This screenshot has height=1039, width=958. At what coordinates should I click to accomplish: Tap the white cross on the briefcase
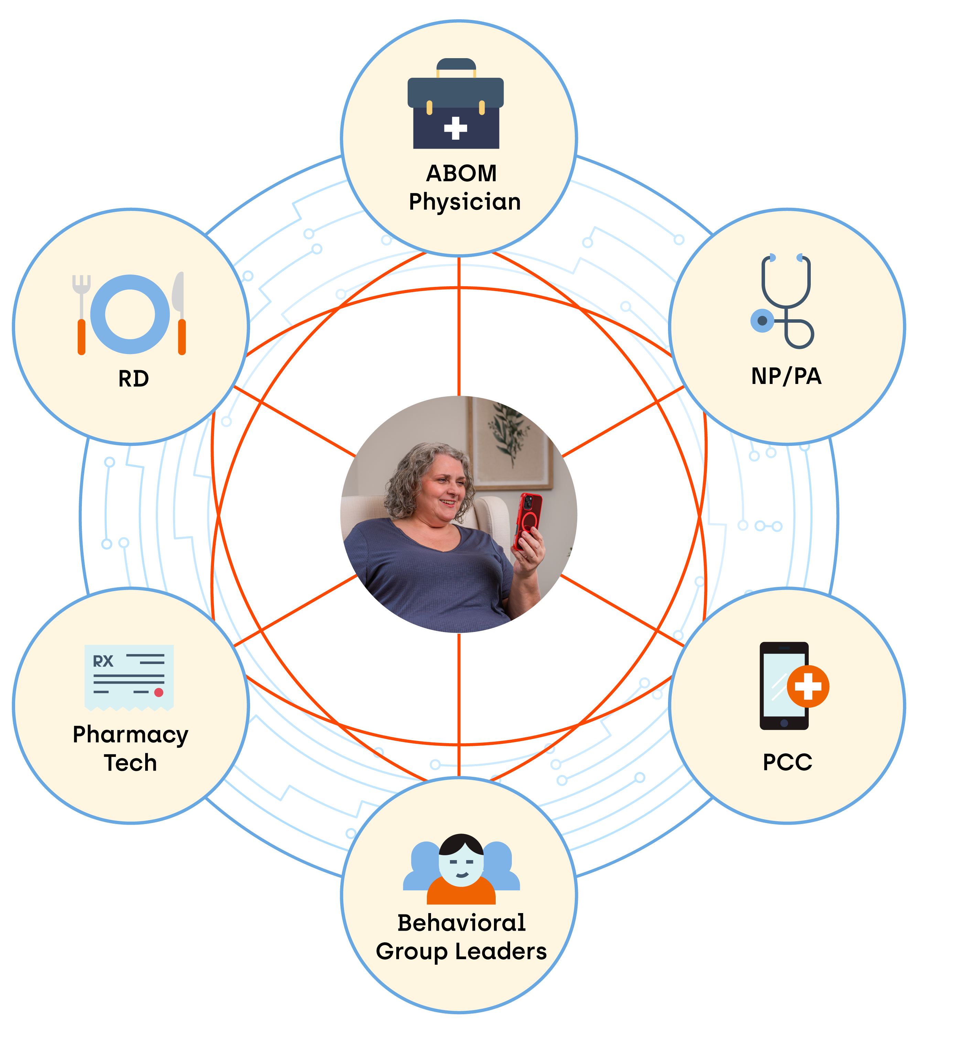tap(456, 128)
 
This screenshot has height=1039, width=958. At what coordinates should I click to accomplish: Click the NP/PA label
tap(786, 376)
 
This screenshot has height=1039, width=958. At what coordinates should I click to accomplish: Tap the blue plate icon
tap(130, 314)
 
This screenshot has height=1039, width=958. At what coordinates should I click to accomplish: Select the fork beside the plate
tap(82, 314)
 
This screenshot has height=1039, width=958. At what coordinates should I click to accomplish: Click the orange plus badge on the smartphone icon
tap(808, 686)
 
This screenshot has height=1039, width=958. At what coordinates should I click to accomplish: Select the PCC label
tap(787, 762)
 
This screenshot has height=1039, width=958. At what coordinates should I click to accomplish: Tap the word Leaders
tap(501, 951)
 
